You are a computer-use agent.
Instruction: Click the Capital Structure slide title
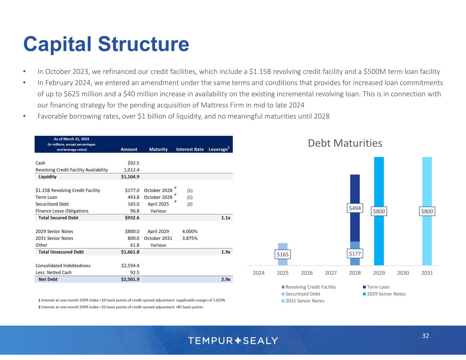106,44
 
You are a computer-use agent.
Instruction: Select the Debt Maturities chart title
345,143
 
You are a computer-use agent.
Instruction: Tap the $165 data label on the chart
283,254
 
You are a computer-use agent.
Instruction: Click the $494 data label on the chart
355,208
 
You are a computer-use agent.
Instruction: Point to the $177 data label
355,254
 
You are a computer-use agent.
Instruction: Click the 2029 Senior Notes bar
379,184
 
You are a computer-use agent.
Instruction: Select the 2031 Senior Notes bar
427,184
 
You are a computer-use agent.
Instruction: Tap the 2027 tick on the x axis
331,273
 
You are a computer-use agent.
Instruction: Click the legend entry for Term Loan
378,287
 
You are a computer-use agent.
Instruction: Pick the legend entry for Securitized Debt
302,294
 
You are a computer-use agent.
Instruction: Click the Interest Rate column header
190,149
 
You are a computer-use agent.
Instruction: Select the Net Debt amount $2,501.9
130,279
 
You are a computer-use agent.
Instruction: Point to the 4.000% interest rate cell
190,231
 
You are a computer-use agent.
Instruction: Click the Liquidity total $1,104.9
130,177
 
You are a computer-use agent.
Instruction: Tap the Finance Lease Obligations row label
62,211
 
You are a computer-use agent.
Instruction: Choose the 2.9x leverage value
225,279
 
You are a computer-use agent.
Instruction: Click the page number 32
425,336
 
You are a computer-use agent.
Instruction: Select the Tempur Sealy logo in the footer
233,341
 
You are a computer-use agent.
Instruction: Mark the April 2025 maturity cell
158,204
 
